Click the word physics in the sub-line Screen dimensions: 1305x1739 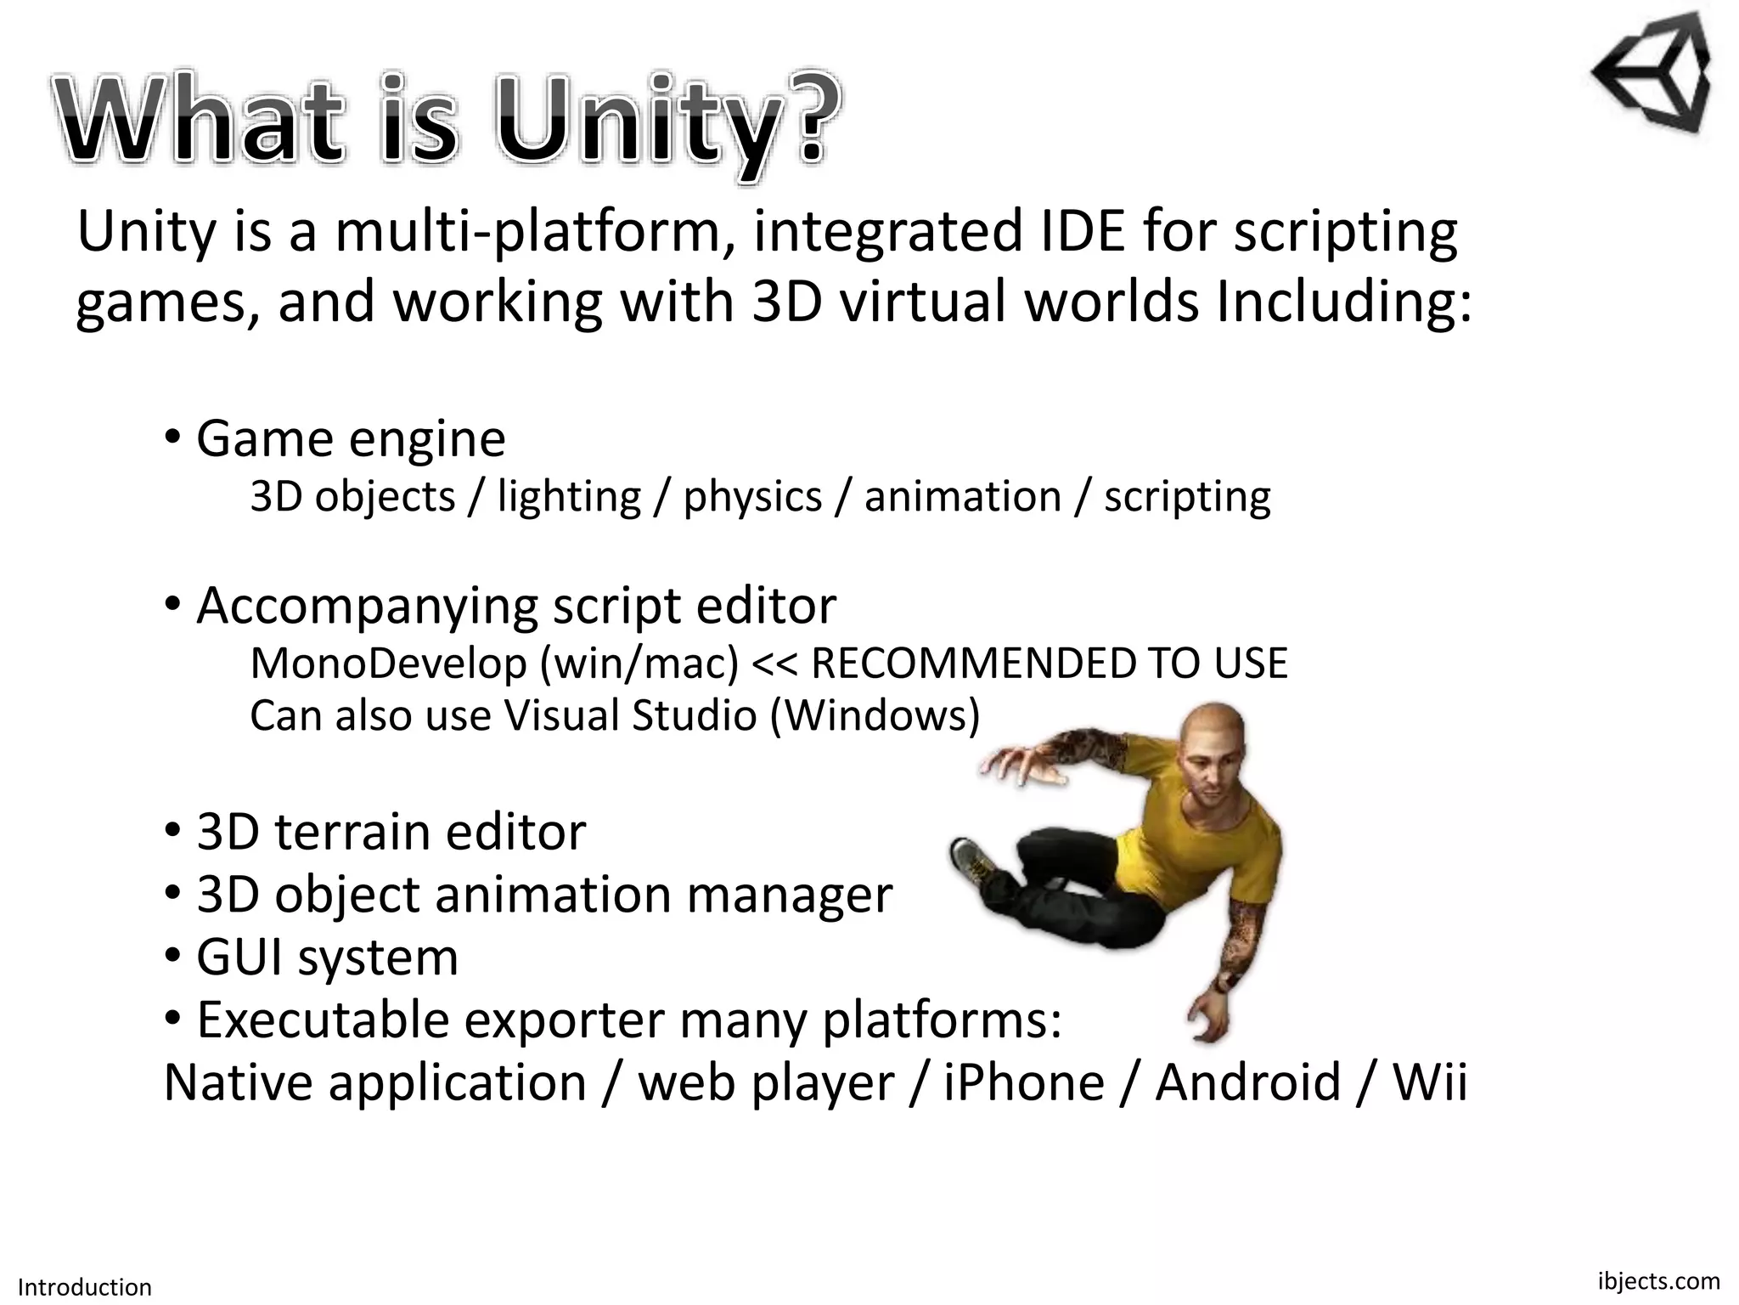[752, 496]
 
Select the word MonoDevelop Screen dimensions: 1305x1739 [388, 663]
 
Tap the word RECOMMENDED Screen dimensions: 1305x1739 [972, 663]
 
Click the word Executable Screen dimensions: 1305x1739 [323, 1020]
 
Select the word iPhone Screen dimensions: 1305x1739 [1024, 1082]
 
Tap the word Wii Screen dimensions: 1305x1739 [1430, 1082]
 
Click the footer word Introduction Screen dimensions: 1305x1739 [85, 1286]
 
